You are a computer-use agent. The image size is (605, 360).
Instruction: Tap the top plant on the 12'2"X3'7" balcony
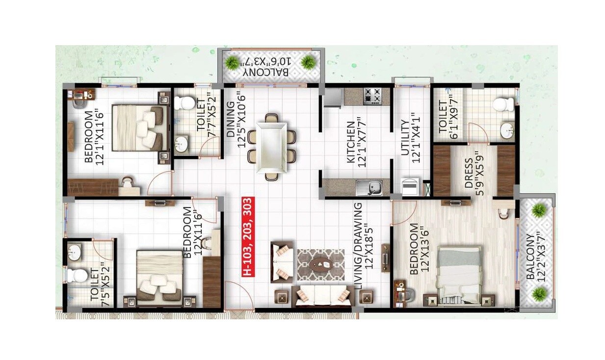[x=539, y=210]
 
